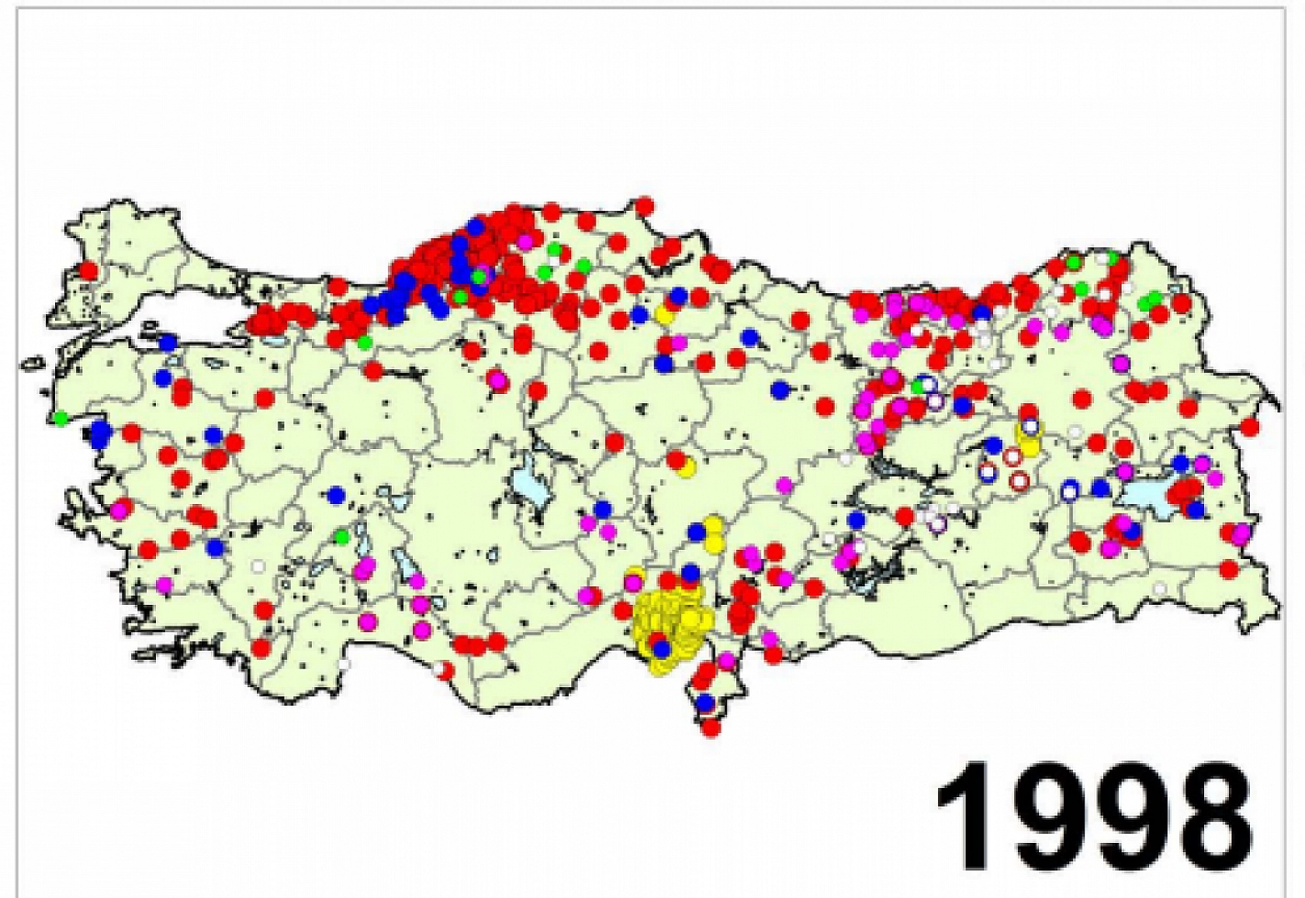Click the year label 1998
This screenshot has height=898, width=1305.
(1095, 817)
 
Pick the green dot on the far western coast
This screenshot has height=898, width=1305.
(61, 419)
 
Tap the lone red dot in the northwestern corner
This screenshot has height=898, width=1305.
(88, 271)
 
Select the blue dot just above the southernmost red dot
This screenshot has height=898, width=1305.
(704, 703)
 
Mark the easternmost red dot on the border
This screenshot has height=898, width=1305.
(1249, 427)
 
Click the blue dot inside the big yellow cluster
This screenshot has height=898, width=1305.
(661, 648)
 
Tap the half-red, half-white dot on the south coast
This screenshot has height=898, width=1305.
(443, 669)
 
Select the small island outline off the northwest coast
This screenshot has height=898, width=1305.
(33, 361)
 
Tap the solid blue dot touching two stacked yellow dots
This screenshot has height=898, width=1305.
(697, 532)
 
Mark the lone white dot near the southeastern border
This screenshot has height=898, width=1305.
(1159, 589)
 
